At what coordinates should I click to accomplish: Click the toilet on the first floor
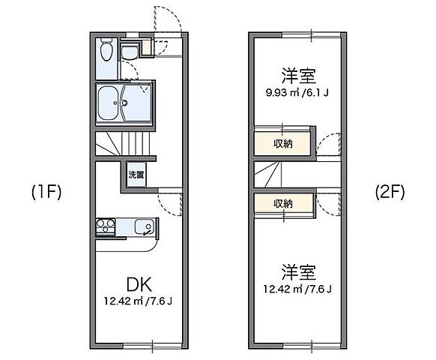pyautogui.click(x=106, y=53)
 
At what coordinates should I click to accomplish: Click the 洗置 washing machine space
pyautogui.click(x=136, y=175)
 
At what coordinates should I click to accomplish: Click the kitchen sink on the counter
pyautogui.click(x=142, y=226)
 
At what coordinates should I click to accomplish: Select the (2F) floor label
pyautogui.click(x=390, y=191)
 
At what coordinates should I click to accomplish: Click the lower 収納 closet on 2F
pyautogui.click(x=282, y=203)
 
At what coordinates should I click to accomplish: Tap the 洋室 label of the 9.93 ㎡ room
pyautogui.click(x=299, y=76)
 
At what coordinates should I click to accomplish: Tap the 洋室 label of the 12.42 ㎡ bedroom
pyautogui.click(x=299, y=270)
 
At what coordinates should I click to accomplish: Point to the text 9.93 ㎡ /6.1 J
pyautogui.click(x=299, y=93)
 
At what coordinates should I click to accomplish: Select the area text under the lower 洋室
pyautogui.click(x=299, y=289)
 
